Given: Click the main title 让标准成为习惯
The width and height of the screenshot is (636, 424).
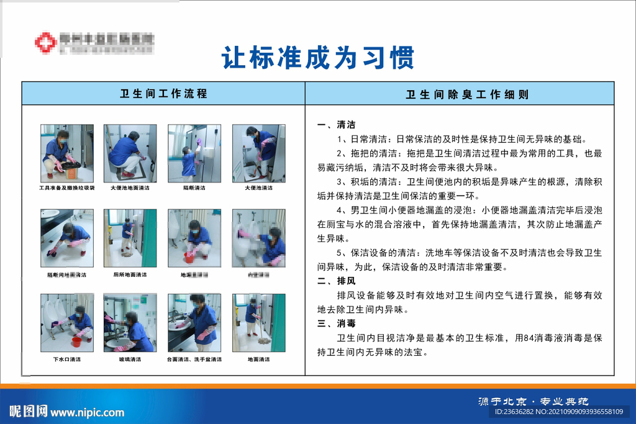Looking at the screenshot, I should pyautogui.click(x=317, y=59).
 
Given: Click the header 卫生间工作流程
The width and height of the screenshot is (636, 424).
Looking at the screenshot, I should pyautogui.click(x=163, y=94).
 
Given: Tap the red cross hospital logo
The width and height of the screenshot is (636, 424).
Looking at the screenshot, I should pyautogui.click(x=45, y=42).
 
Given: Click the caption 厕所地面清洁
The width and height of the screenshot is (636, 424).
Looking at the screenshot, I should pyautogui.click(x=130, y=274).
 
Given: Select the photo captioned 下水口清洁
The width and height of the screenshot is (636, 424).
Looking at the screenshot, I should pyautogui.click(x=67, y=322).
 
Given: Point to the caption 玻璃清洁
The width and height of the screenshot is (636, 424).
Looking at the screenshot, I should pyautogui.click(x=130, y=359).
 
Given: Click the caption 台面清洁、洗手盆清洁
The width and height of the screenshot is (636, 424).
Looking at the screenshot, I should pyautogui.click(x=194, y=359).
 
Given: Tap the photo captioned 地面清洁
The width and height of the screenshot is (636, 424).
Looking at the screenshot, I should pyautogui.click(x=258, y=322).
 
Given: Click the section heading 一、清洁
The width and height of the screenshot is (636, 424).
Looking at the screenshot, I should pyautogui.click(x=336, y=125).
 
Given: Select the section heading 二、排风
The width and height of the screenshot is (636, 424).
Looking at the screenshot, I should pyautogui.click(x=336, y=281).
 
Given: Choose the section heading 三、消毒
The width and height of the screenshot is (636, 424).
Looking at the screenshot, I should pyautogui.click(x=336, y=323).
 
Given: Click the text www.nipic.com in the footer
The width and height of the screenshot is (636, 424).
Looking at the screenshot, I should pyautogui.click(x=87, y=412).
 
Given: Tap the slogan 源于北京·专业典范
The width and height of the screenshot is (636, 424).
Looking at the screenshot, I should pyautogui.click(x=533, y=401).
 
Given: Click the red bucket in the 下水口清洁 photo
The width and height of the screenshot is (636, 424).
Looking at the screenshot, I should pyautogui.click(x=76, y=341).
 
